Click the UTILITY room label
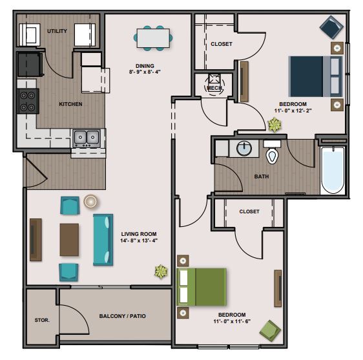click(57, 31)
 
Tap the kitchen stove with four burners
click(28, 101)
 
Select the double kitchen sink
click(87, 138)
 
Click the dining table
click(153, 38)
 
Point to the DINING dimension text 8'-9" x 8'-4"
click(145, 72)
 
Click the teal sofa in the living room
click(103, 240)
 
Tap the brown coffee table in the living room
click(69, 240)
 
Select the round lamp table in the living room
click(90, 201)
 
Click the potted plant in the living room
click(161, 271)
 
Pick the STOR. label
click(42, 320)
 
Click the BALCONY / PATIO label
click(123, 316)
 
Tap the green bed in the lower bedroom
click(202, 287)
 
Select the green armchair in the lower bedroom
click(270, 330)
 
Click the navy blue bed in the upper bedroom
click(315, 76)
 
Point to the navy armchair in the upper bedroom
click(331, 27)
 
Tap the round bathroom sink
click(244, 148)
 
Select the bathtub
click(333, 170)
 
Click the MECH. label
click(214, 88)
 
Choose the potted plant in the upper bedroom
click(275, 125)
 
